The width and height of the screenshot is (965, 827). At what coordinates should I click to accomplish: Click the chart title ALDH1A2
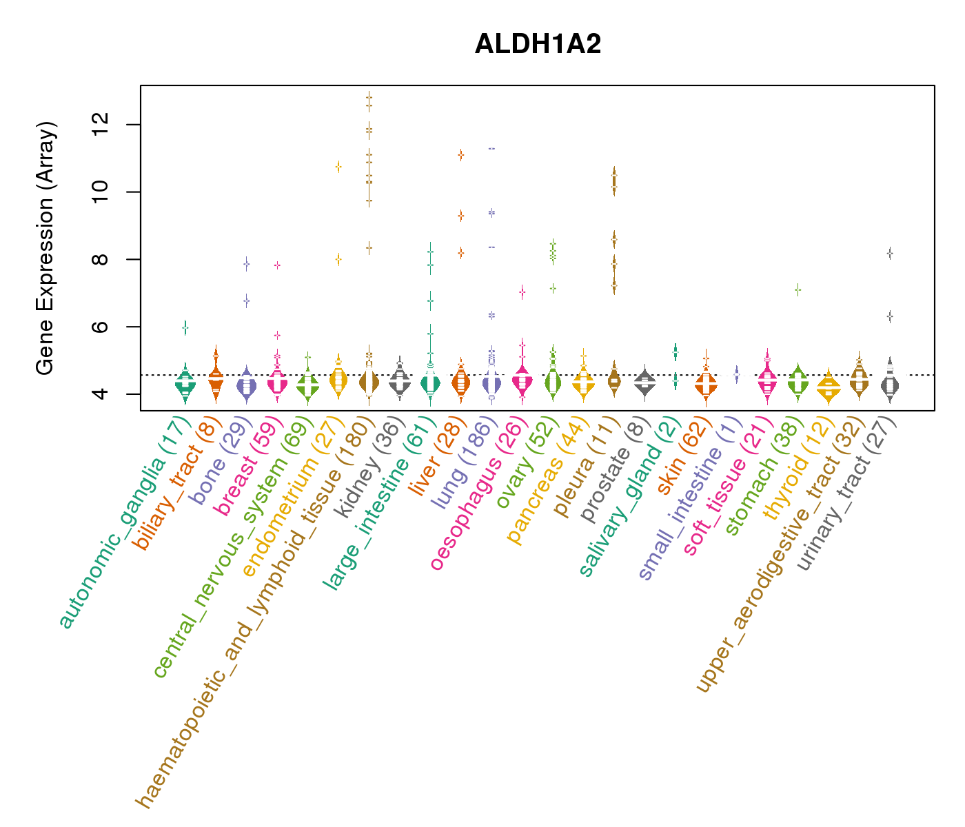(x=538, y=44)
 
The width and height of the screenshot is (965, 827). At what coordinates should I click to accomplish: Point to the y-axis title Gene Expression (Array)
(x=45, y=248)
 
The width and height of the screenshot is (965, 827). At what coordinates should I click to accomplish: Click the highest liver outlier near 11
(x=460, y=155)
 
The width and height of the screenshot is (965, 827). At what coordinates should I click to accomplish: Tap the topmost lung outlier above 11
(x=491, y=148)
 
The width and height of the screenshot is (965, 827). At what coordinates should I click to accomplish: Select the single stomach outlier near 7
(x=798, y=290)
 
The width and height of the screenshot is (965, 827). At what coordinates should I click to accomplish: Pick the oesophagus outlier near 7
(x=522, y=292)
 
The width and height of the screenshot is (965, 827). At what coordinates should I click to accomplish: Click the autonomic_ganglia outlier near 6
(x=185, y=328)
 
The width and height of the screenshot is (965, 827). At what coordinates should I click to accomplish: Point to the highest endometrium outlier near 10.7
(x=338, y=166)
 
